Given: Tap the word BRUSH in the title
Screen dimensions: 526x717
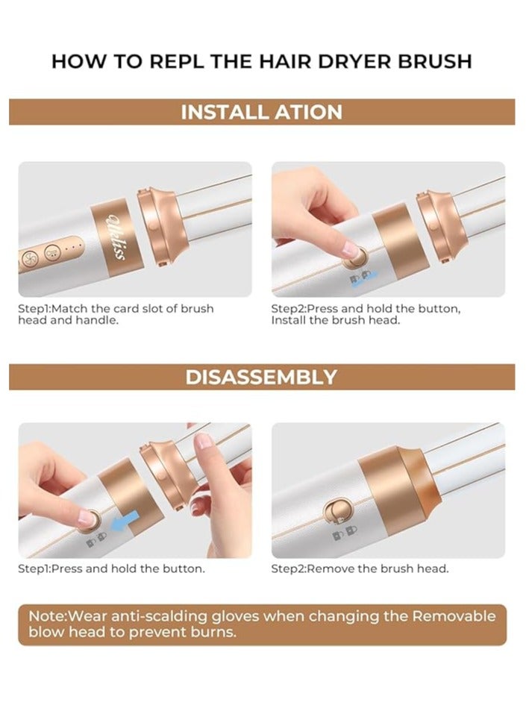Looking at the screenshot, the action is pos(434,61).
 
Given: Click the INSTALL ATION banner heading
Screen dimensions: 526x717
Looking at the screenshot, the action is pos(262,112).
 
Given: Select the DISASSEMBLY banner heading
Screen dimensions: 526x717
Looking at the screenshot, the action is pos(261,378).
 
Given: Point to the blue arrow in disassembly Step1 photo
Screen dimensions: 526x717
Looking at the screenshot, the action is pos(125,522).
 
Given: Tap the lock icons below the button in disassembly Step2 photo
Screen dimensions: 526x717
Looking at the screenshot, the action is pos(345,532).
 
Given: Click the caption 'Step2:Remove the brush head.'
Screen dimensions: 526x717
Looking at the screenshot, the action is pos(360,569).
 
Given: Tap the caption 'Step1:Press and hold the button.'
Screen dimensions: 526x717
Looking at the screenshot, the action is pos(112,569).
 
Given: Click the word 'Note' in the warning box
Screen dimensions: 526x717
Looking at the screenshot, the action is pos(47,616).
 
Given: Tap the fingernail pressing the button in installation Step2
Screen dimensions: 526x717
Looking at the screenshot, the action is pos(351,248).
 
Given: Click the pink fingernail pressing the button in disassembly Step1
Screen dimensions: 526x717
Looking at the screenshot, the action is pos(86,517).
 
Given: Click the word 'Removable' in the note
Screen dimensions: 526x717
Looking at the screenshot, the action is pos(454,616).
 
